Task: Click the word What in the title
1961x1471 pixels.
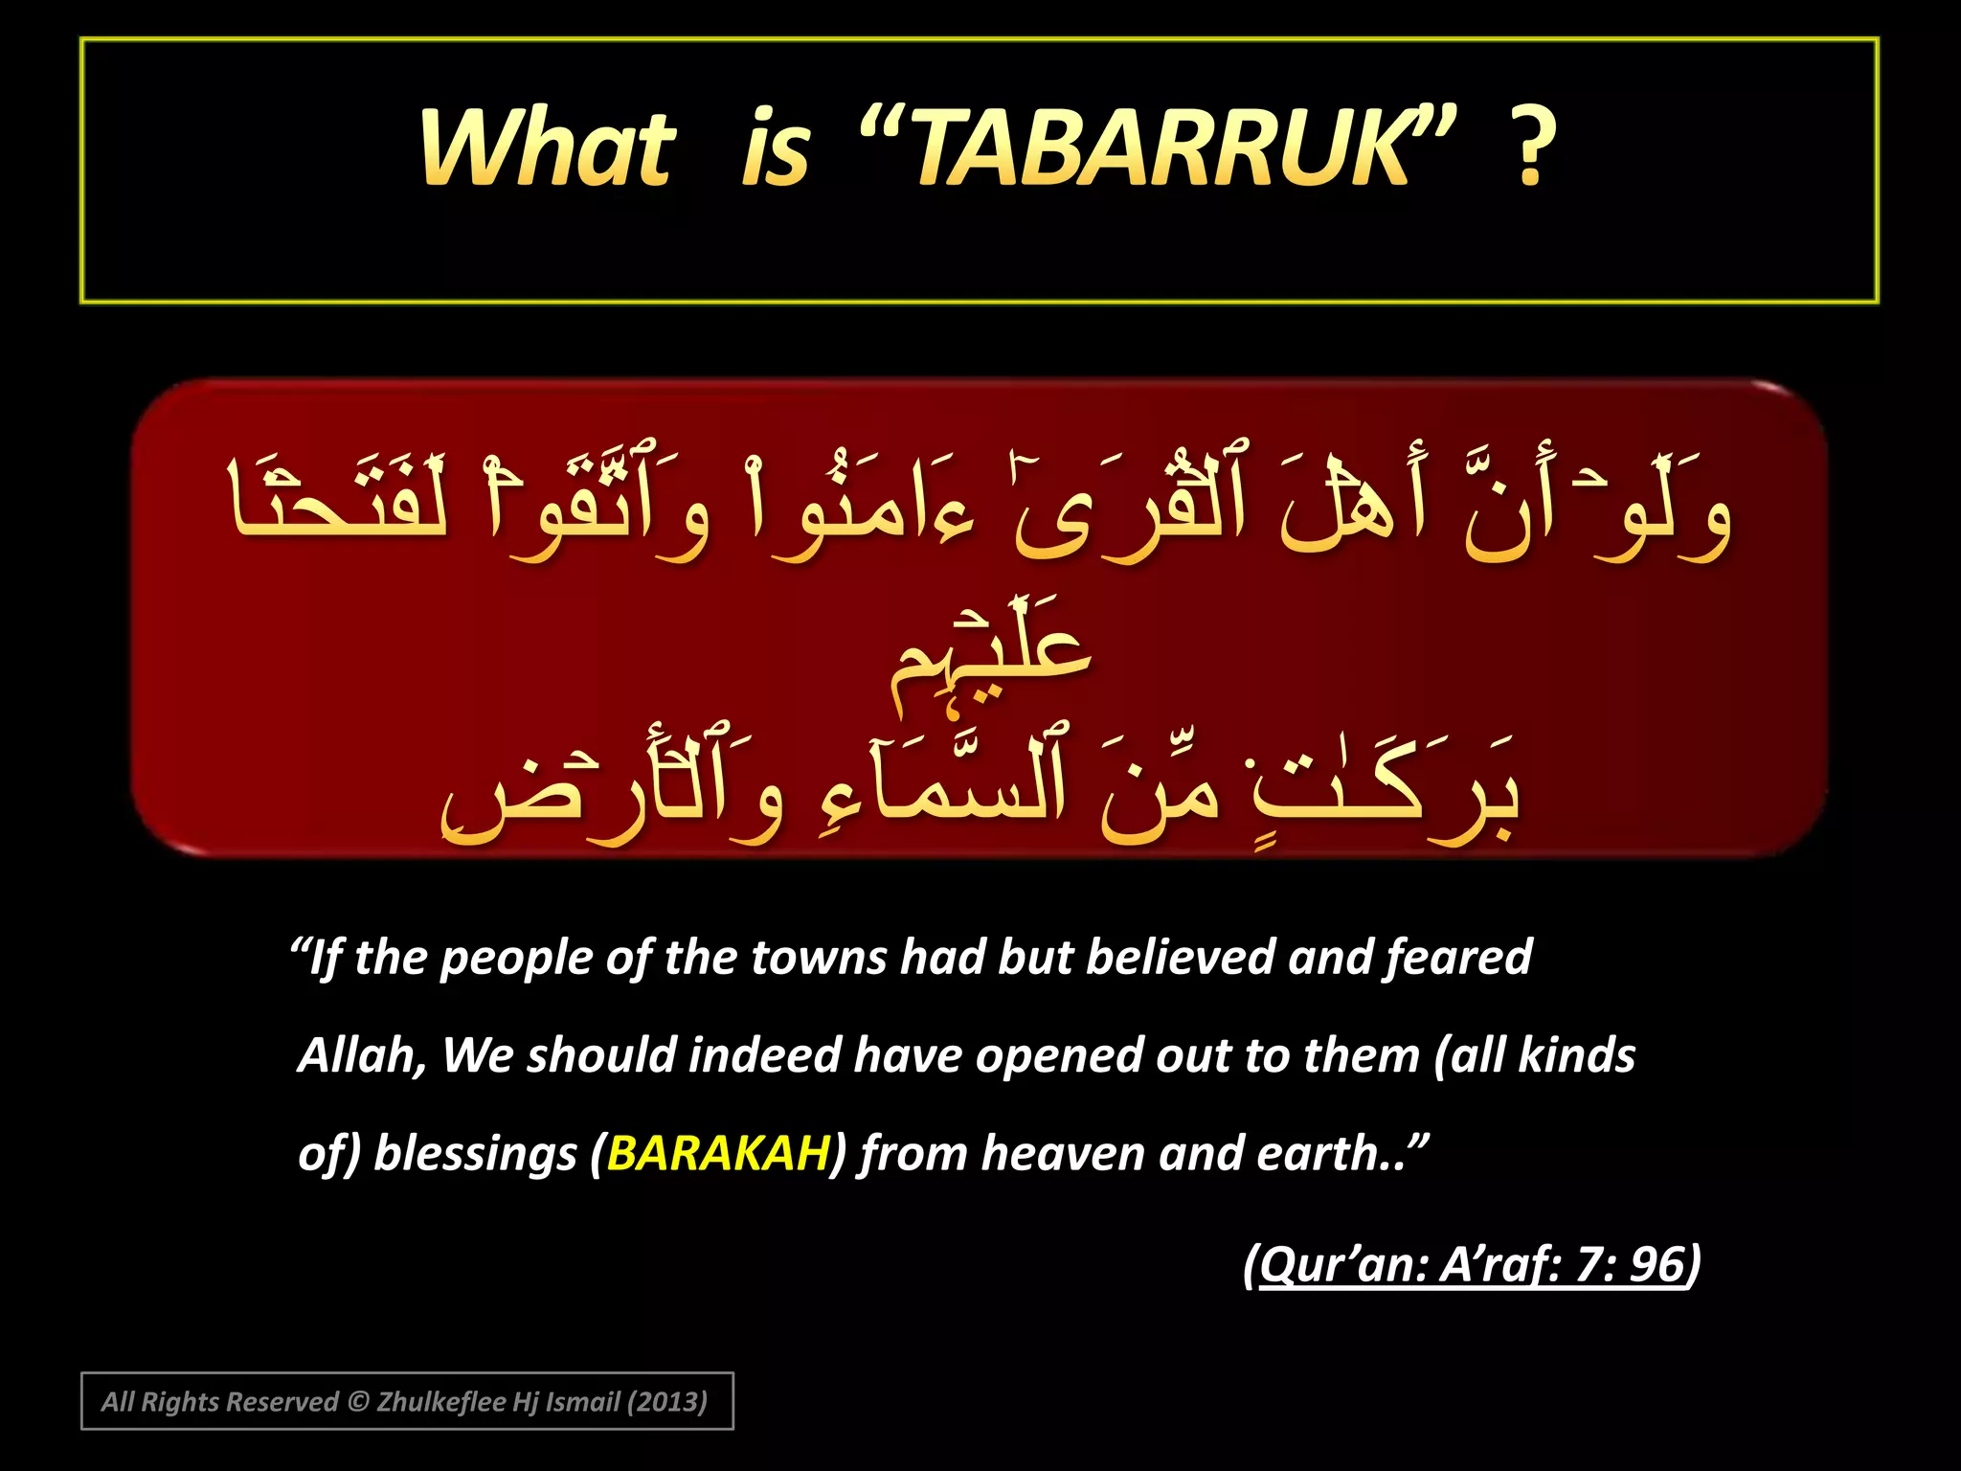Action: [x=548, y=148]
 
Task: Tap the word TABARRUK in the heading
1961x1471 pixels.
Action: [x=1161, y=148]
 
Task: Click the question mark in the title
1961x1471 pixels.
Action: [x=1530, y=148]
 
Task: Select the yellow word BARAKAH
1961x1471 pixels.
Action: [x=718, y=1153]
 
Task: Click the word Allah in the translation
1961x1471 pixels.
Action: [x=360, y=1055]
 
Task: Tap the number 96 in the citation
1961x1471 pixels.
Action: [x=1657, y=1264]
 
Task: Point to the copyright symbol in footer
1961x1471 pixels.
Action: [x=357, y=1402]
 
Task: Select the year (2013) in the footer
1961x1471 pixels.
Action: [x=666, y=1402]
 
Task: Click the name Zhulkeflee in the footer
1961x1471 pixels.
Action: [x=441, y=1402]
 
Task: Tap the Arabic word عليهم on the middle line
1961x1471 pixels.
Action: [x=991, y=661]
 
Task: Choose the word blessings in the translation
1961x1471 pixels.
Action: [x=475, y=1154]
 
